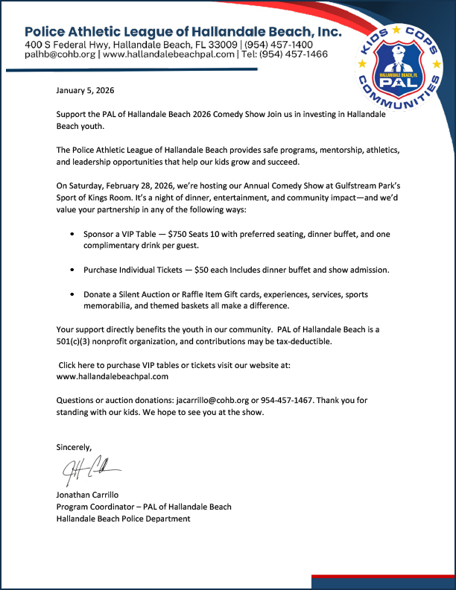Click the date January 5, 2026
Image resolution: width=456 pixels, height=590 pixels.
[x=84, y=91]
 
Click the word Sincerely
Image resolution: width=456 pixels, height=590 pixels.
[x=74, y=447]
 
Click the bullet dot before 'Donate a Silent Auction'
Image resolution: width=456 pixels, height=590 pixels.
[x=72, y=295]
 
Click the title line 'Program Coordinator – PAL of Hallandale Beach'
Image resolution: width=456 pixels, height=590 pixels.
[x=144, y=507]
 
